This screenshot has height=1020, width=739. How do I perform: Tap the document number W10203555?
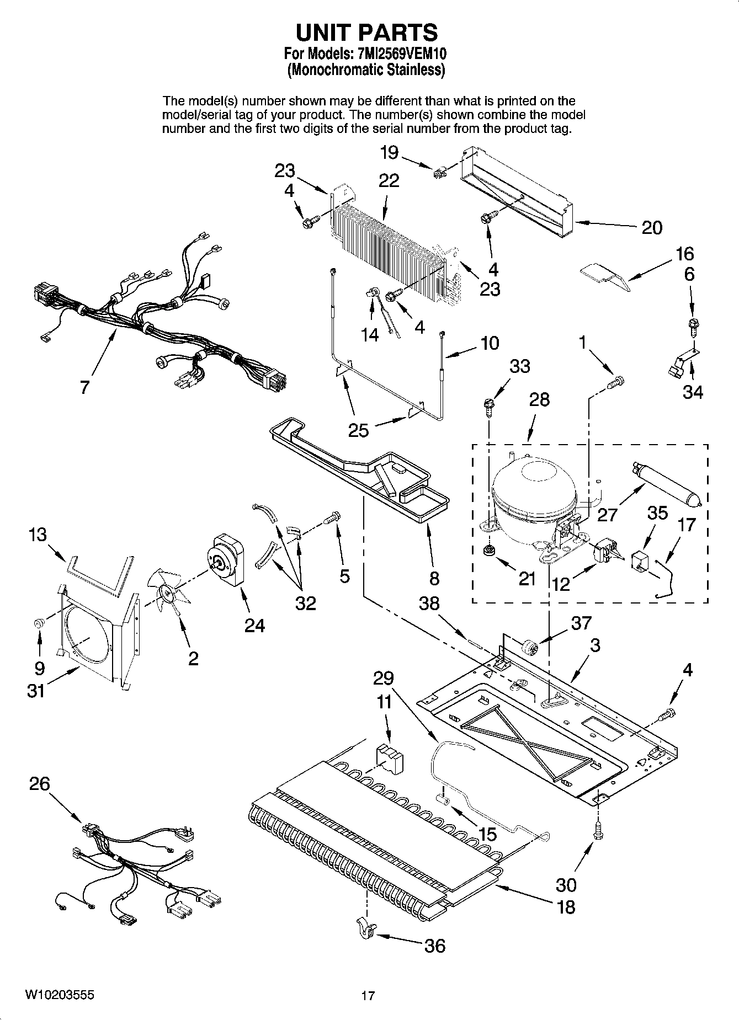pyautogui.click(x=60, y=995)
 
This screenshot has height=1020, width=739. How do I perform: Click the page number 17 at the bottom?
pyautogui.click(x=368, y=996)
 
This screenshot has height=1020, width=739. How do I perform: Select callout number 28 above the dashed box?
pyautogui.click(x=539, y=399)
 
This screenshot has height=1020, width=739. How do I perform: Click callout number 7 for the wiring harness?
pyautogui.click(x=84, y=387)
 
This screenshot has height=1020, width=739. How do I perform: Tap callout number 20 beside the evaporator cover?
pyautogui.click(x=651, y=227)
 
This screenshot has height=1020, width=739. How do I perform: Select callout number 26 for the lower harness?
pyautogui.click(x=40, y=783)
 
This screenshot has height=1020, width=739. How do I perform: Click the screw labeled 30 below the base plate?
pyautogui.click(x=597, y=831)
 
